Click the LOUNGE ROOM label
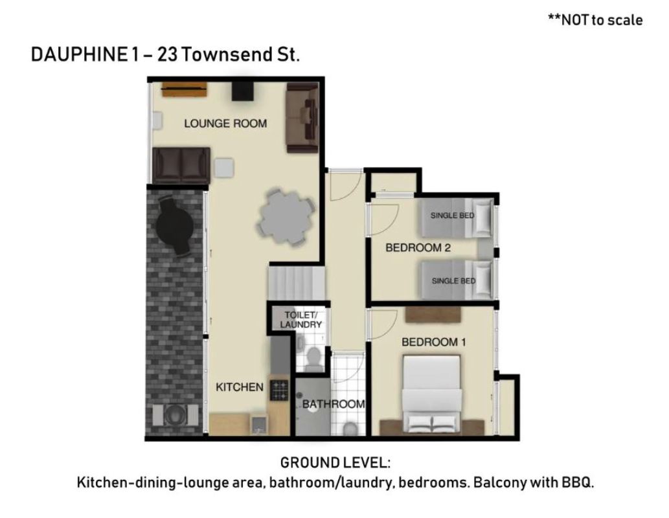point(225,124)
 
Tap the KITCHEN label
point(240,387)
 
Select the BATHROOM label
point(334,403)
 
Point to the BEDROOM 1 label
point(433,343)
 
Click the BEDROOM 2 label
point(418,247)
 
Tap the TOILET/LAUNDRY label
point(300,320)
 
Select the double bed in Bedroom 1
point(432,394)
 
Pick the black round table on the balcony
point(175,224)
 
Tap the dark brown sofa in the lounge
point(181,166)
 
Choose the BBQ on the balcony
point(175,414)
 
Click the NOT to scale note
point(595,19)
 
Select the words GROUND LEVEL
point(335,462)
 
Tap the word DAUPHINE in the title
point(78,54)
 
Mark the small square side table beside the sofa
point(224,168)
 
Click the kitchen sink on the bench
point(258,424)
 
